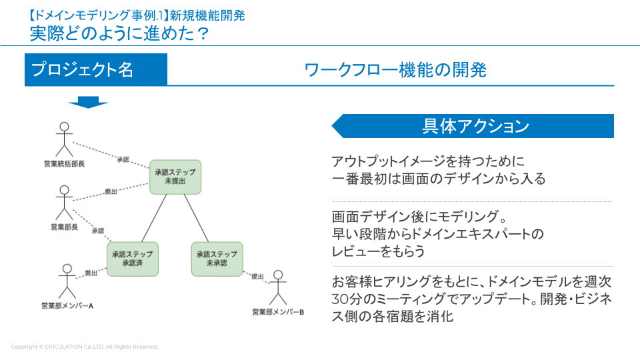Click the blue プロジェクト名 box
(96, 69)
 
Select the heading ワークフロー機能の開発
(395, 70)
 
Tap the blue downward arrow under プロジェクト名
(88, 102)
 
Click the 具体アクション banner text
(476, 126)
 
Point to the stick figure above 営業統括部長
(64, 139)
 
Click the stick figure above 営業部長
(64, 203)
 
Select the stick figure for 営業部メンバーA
(67, 281)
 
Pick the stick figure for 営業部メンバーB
(278, 287)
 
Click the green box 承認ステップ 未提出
(175, 177)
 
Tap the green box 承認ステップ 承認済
(133, 259)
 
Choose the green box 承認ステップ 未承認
(217, 259)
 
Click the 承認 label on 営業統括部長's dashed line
(123, 159)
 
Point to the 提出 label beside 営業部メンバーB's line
(257, 276)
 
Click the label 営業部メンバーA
(67, 306)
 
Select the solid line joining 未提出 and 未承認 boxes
(196, 218)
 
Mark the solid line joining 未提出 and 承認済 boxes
(154, 218)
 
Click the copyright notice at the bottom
(85, 347)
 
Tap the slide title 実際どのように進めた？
(119, 33)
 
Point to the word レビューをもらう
(379, 251)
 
